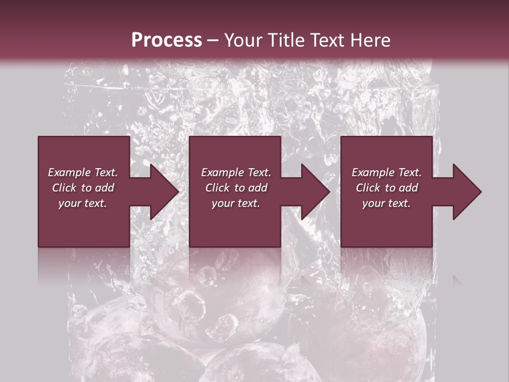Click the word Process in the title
(166, 40)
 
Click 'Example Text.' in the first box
(83, 172)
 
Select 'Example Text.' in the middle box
(236, 172)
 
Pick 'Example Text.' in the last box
(387, 172)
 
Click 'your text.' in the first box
(83, 203)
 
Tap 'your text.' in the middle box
(236, 203)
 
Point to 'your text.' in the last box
(387, 203)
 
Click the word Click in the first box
(64, 188)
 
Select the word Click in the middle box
(217, 188)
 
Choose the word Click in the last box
(368, 188)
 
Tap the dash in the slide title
(213, 40)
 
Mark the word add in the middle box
(258, 188)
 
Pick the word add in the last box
(408, 188)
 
